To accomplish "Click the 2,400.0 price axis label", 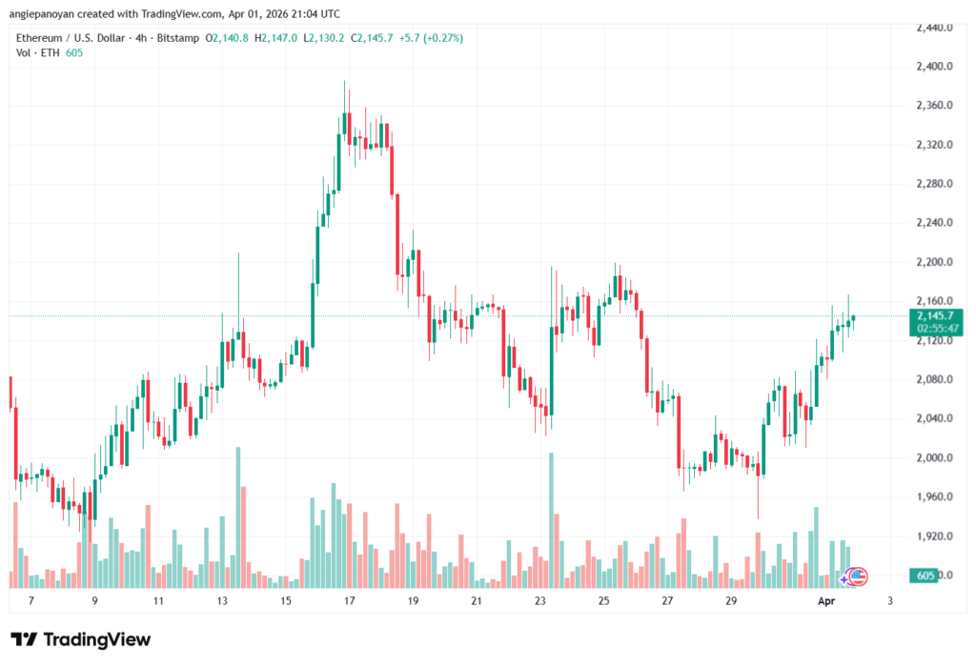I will point(934,67).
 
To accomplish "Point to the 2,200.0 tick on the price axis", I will point(934,262).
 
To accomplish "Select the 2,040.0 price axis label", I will point(934,418).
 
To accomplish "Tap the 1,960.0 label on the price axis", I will point(934,496).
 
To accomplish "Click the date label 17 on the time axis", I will point(350,601).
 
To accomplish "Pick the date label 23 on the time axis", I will point(540,601).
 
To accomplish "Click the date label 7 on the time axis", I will point(30,601).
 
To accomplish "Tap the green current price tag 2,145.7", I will point(935,315).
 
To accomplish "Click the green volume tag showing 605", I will point(924,575).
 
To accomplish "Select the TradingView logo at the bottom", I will point(81,639).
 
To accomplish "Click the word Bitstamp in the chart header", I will point(178,37).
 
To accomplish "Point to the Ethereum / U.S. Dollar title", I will point(72,37).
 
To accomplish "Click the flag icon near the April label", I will point(858,575).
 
